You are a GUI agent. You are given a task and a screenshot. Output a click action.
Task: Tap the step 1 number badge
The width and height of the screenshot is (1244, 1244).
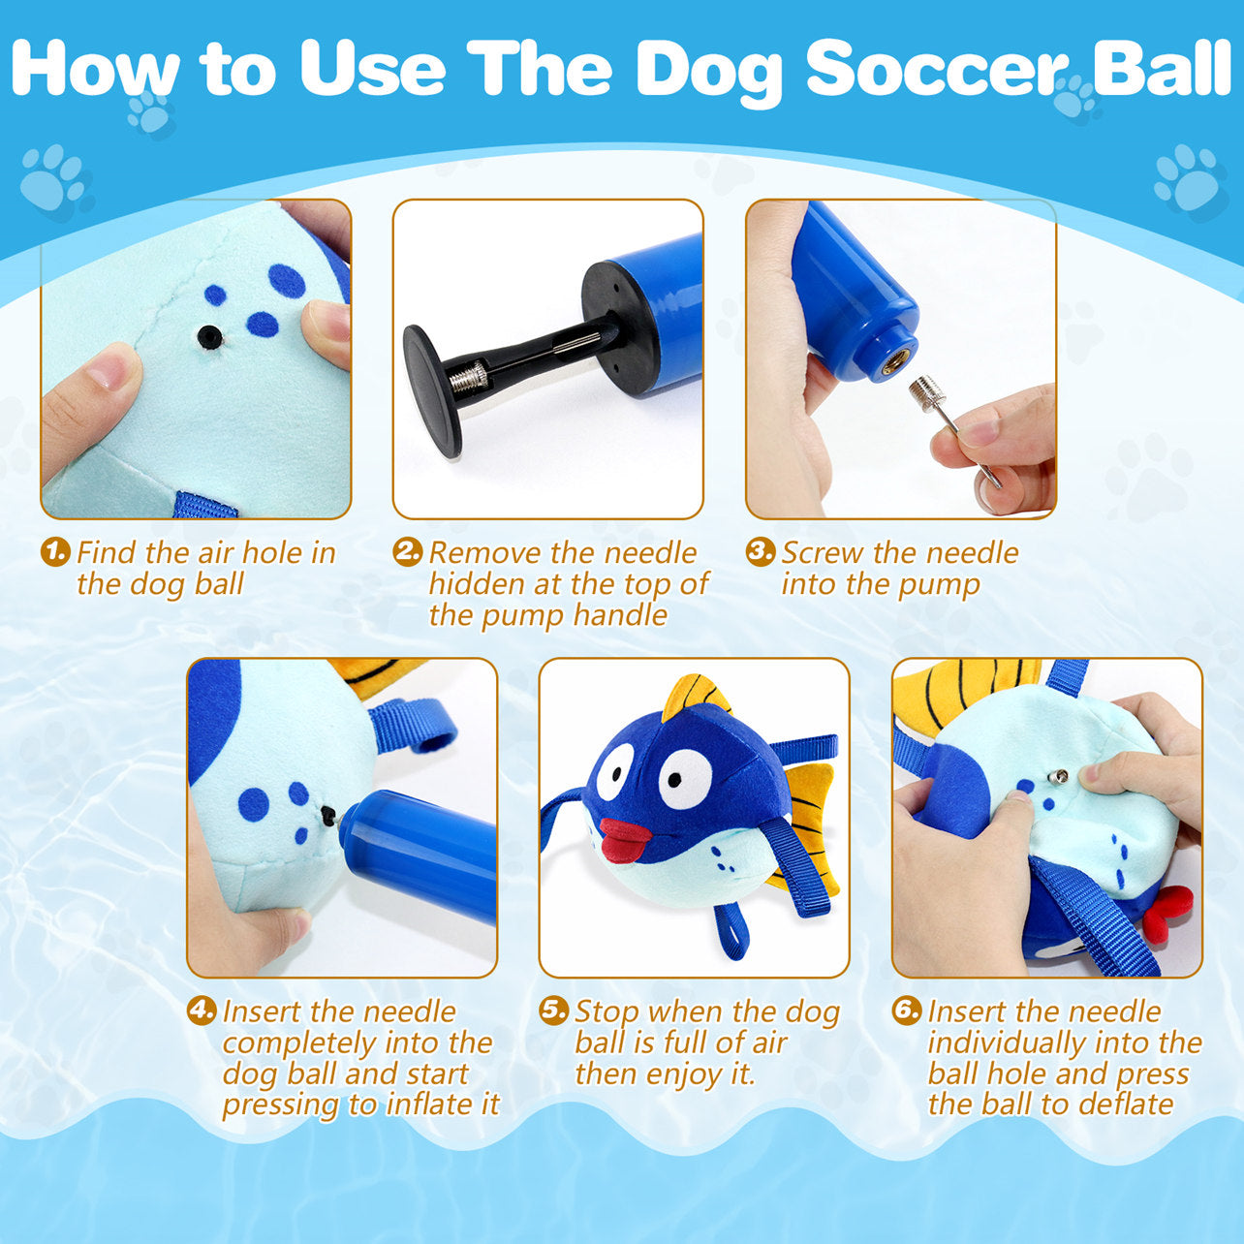55,552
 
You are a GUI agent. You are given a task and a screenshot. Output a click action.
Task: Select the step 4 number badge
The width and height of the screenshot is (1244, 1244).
202,1011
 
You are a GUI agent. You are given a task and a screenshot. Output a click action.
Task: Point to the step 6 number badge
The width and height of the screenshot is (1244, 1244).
907,1011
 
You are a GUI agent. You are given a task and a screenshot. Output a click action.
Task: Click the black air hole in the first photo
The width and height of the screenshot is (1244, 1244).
209,335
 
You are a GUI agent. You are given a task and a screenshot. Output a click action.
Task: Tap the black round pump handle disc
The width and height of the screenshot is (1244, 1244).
431,390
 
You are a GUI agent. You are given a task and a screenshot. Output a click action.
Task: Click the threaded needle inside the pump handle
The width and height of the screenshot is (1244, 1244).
469,377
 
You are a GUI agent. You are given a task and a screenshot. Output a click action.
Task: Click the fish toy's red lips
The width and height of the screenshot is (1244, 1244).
625,838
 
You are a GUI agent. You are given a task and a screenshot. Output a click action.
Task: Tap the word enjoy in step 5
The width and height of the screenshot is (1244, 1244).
690,1075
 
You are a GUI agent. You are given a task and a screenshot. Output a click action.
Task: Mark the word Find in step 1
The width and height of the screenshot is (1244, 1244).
107,552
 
